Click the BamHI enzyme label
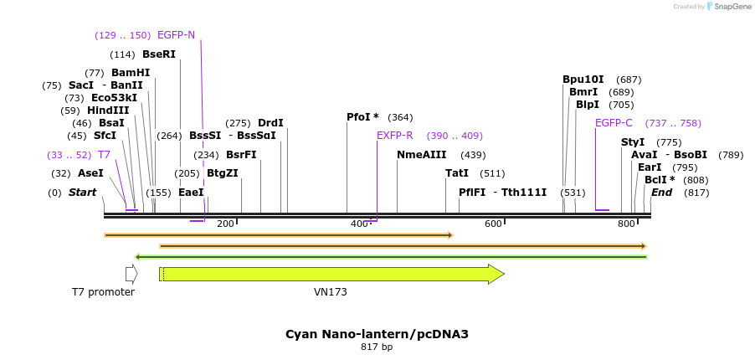point(131,73)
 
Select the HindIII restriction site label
point(107,111)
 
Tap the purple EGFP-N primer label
point(176,35)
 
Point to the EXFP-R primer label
point(394,136)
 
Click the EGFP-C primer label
point(614,123)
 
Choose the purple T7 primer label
point(104,155)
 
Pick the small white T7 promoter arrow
point(131,274)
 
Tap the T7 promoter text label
point(103,292)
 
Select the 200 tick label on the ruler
point(225,224)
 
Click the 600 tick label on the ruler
point(493,224)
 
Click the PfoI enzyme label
point(362,117)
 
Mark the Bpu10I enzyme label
point(583,80)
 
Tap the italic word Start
point(82,193)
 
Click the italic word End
point(661,193)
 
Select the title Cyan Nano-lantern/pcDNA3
point(377,334)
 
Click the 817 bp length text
point(377,347)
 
